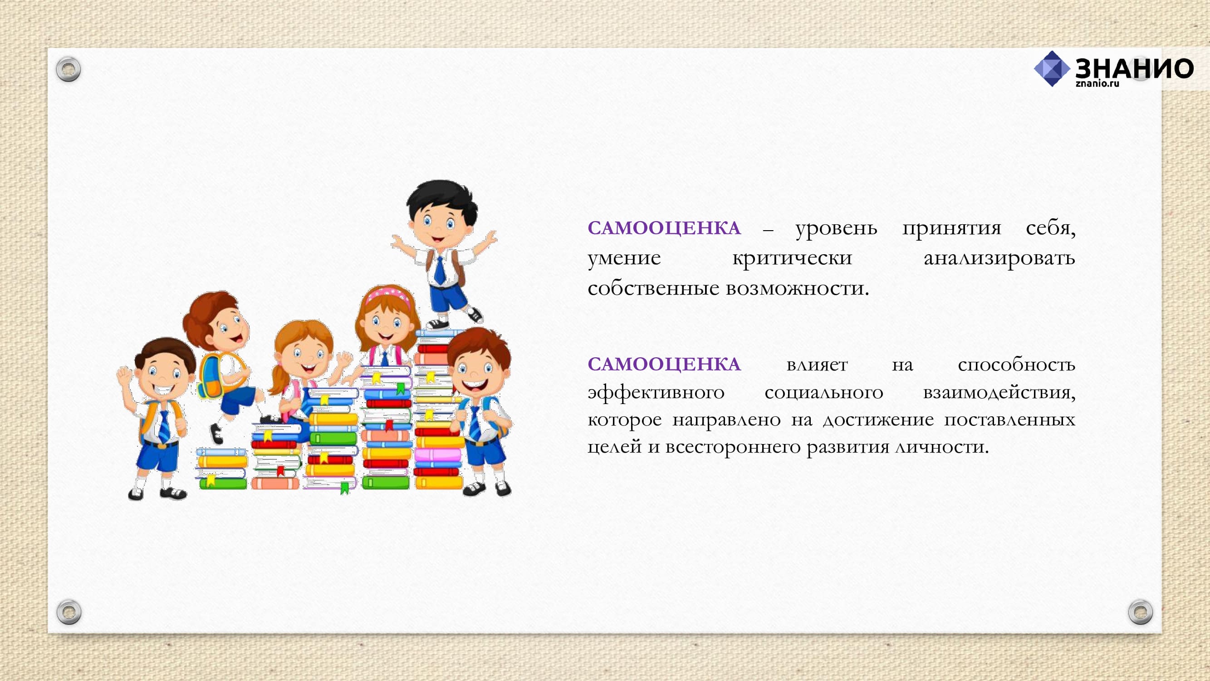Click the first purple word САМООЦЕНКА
(664, 228)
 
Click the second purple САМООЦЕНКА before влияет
(664, 364)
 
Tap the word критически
(793, 258)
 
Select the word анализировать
(999, 258)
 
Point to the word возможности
(798, 288)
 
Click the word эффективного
(656, 392)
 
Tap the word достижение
(878, 419)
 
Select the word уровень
(837, 229)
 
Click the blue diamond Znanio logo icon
(1052, 69)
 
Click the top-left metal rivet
(69, 69)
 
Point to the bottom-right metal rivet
(1141, 612)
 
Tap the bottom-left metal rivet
(69, 612)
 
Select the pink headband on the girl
(388, 295)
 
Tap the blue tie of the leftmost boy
(164, 426)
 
